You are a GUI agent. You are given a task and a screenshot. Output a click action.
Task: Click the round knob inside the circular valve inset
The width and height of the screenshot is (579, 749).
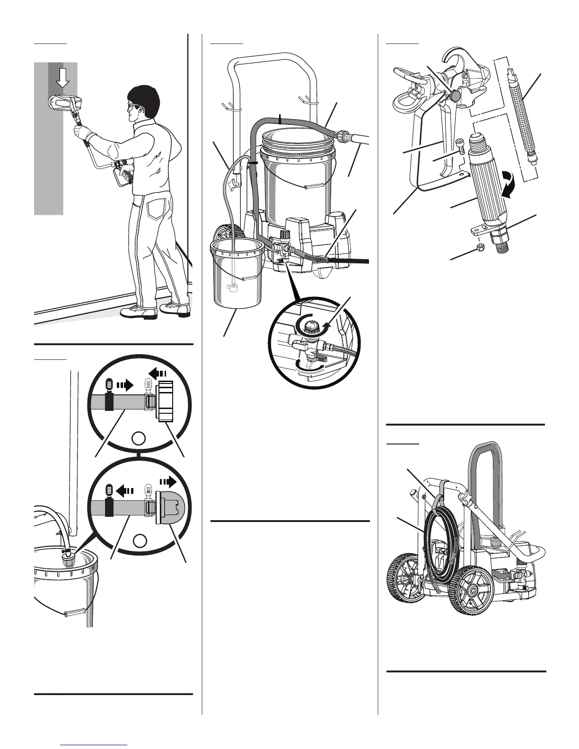310,326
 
